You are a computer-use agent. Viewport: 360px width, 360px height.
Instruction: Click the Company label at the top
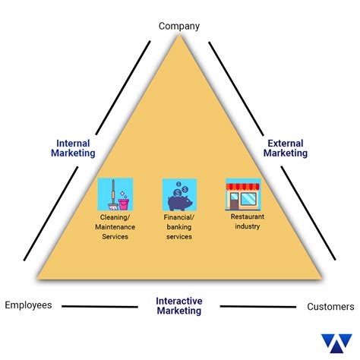pos(179,26)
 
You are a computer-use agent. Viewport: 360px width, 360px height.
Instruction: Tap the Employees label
pos(28,305)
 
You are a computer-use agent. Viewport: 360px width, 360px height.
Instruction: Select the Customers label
pos(330,307)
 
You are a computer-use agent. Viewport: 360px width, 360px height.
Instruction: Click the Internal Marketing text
pos(73,147)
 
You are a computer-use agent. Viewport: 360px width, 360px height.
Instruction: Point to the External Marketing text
pos(286,147)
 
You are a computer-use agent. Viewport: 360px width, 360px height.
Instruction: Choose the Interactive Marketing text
pos(179,306)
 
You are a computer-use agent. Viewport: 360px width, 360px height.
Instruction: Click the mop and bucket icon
pos(115,194)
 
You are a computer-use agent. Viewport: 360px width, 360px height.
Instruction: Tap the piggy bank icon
pos(179,194)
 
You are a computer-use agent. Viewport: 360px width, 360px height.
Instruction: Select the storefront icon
pos(243,194)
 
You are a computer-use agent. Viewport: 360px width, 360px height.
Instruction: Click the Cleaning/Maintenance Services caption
pos(115,226)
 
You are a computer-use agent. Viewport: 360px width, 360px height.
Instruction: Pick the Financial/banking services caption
pos(179,226)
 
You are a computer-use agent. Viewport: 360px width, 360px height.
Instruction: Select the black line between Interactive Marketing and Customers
pos(258,307)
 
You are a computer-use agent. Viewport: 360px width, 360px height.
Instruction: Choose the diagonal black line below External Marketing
pos(308,209)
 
